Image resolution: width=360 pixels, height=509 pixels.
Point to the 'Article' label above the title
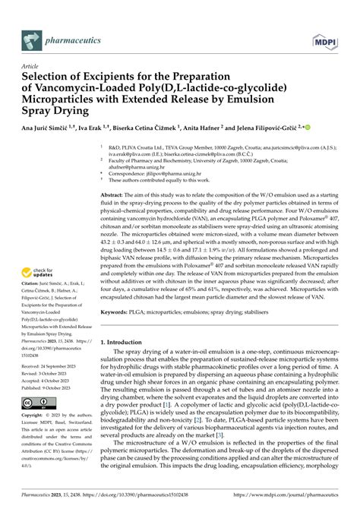tap(30, 66)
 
